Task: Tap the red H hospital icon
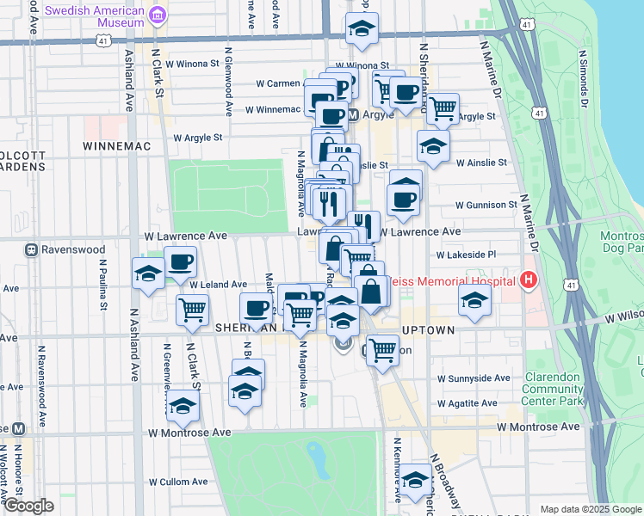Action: tap(529, 280)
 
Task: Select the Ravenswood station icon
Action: tap(32, 251)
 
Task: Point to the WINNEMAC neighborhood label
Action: tap(116, 146)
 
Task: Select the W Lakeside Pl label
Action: tap(467, 255)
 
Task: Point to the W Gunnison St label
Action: tap(486, 205)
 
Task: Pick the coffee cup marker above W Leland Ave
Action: tap(180, 261)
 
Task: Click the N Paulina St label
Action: tap(103, 291)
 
